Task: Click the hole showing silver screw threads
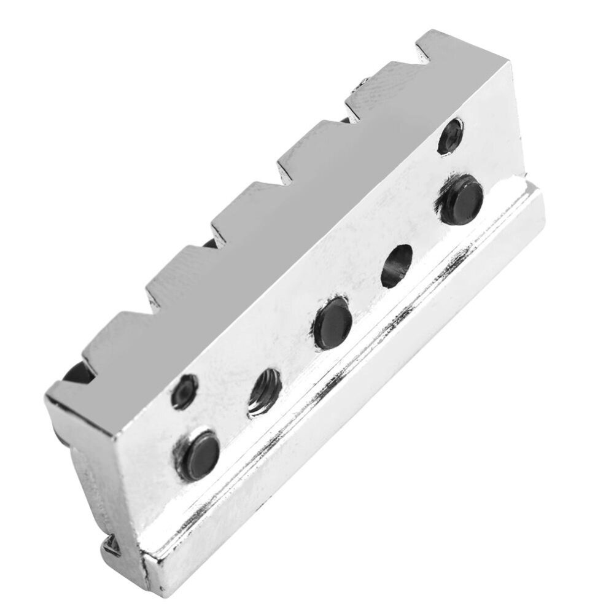coord(265,394)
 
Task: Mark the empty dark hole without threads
coord(397,266)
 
